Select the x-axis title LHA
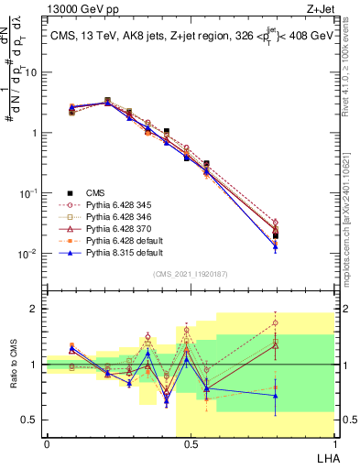tap(324, 457)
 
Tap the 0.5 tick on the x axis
tap(191, 444)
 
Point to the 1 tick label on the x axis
tap(333, 444)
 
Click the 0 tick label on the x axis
tap(47, 444)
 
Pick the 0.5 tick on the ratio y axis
tap(30, 420)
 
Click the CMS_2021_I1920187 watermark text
tap(191, 273)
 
